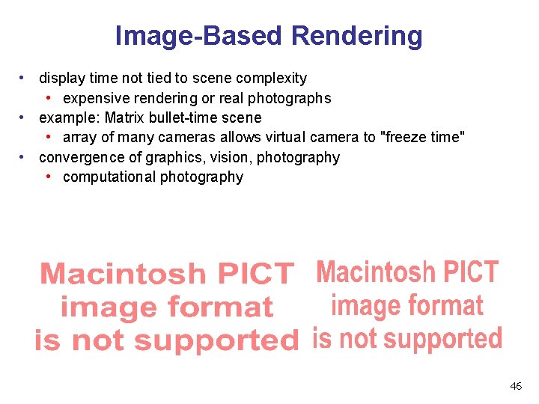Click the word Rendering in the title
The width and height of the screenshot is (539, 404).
click(356, 36)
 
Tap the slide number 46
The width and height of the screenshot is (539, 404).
click(516, 386)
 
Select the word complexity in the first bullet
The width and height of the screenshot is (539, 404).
click(272, 78)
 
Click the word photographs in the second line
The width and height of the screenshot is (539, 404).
click(289, 98)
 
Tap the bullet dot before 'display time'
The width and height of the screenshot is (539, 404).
click(24, 78)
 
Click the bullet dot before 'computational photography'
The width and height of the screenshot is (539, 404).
click(48, 177)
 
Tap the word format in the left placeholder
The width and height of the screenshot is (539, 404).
click(225, 307)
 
